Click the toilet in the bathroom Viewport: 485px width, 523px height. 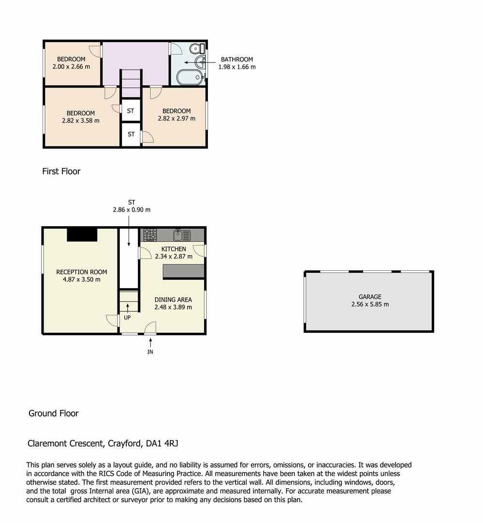coord(196,48)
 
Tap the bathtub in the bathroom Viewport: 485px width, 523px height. coord(190,77)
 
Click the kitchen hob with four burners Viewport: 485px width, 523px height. coord(150,235)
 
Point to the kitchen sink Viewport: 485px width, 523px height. coord(182,235)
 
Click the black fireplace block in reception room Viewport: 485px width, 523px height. coord(82,234)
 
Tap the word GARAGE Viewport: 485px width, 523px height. coord(370,297)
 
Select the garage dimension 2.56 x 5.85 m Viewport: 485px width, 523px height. coord(370,305)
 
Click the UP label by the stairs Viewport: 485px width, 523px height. coord(127,318)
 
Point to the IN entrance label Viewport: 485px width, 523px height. coord(150,352)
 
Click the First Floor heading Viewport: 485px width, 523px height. coord(61,171)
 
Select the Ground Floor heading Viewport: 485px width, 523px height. coord(54,414)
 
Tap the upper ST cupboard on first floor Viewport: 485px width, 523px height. coord(131,111)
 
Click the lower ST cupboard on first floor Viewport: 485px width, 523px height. coord(131,134)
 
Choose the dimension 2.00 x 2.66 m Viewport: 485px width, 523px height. coord(71,67)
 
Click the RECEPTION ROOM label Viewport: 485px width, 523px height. coord(81,272)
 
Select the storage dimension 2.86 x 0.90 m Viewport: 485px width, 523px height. coord(132,210)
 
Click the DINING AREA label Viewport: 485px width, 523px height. coord(173,299)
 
